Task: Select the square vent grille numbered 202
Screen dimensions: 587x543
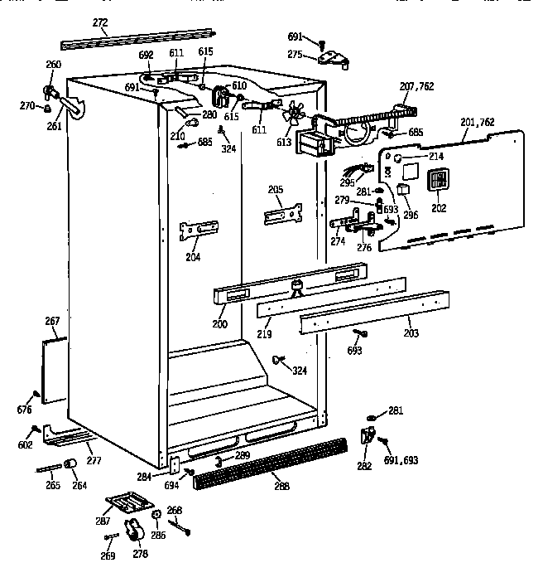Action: pos(439,182)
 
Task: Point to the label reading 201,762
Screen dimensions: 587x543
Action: pos(478,123)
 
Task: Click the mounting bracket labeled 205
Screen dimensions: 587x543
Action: pos(282,214)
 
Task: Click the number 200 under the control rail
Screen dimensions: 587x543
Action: pos(219,323)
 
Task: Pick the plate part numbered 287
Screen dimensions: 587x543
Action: pos(127,505)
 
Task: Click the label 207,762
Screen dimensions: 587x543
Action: pos(416,86)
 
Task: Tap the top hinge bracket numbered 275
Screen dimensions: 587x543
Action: pos(332,57)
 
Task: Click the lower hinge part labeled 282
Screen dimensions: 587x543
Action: pos(368,435)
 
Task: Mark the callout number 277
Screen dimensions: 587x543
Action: pos(94,459)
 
